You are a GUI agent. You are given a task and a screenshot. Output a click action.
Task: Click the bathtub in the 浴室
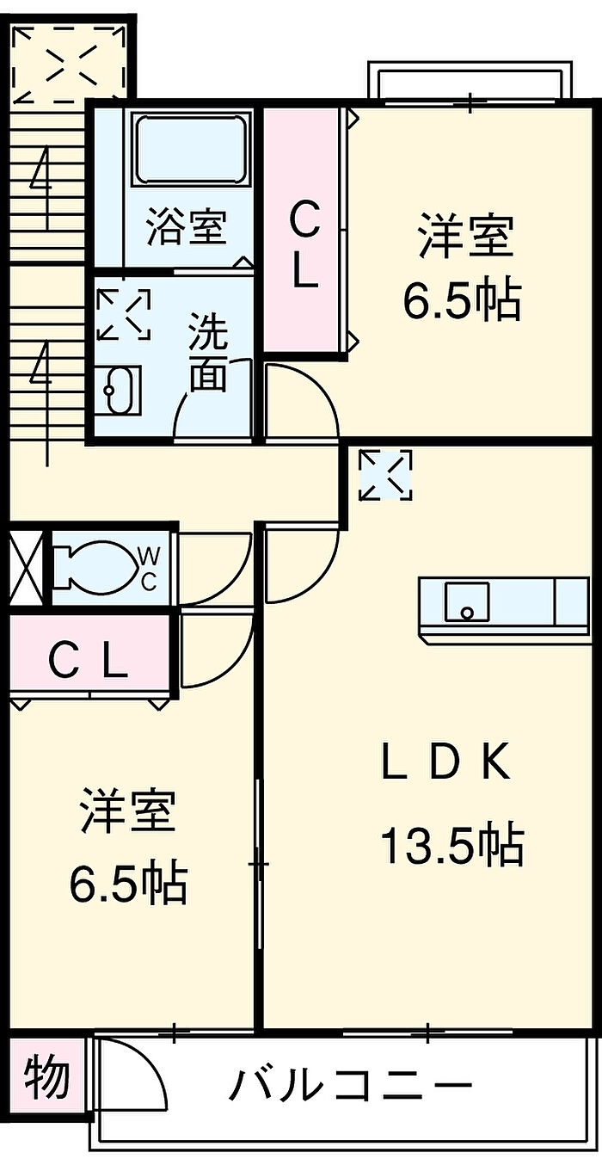coord(189,150)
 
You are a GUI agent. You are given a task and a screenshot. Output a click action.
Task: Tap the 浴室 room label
coord(186,228)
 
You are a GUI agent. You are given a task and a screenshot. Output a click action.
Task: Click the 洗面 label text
coord(208,354)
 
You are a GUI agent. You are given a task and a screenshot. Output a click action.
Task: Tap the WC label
coord(148,570)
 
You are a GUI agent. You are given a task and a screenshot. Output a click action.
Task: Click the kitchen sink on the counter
coord(467,601)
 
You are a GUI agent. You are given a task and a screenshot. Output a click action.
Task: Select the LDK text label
coord(445,761)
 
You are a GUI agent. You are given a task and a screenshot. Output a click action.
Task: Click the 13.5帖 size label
coord(451,845)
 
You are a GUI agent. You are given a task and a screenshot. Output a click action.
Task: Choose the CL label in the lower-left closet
coord(88,662)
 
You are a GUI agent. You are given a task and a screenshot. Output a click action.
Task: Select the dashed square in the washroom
coord(124,314)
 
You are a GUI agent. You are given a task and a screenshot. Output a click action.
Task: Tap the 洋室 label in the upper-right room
coord(465,237)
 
